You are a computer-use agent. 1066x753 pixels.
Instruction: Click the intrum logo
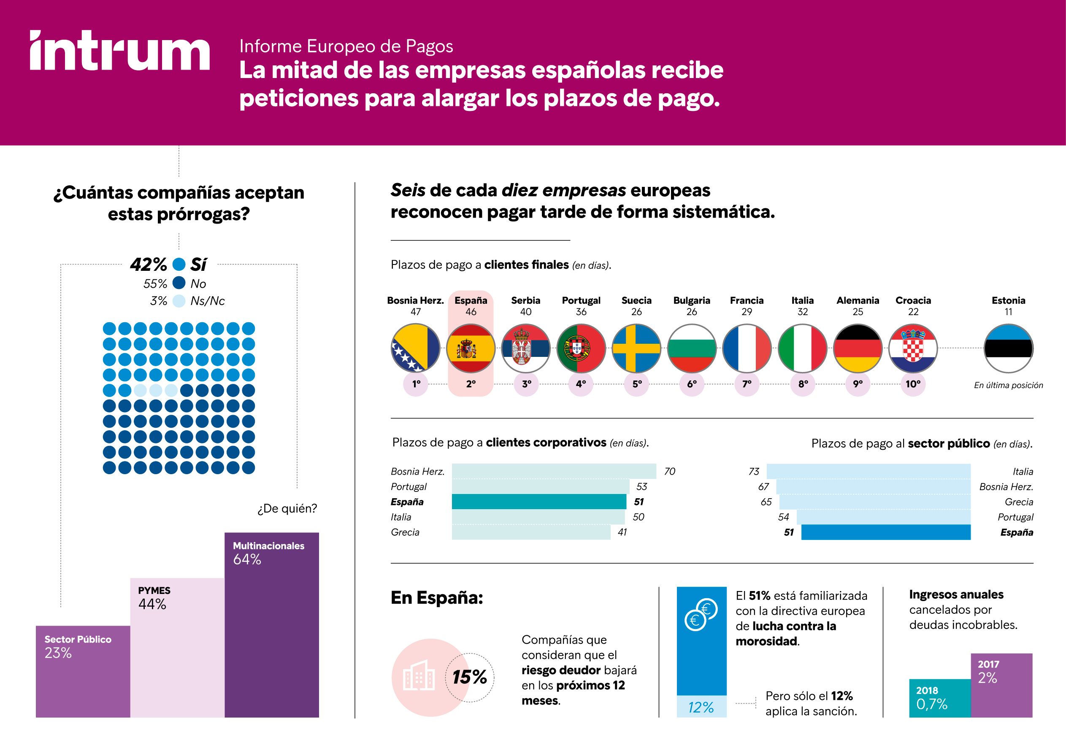[x=120, y=51]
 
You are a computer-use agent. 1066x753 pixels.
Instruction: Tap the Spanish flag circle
[x=470, y=348]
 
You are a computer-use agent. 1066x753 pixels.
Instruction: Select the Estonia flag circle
[x=1008, y=348]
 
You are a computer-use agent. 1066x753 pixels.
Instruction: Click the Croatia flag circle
[x=913, y=348]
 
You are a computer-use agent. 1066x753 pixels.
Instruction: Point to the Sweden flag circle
[x=636, y=348]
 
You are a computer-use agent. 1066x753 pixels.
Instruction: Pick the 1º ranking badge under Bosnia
[x=416, y=384]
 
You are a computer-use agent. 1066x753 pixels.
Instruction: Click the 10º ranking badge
[x=913, y=384]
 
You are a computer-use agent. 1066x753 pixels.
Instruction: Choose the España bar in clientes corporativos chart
[x=538, y=502]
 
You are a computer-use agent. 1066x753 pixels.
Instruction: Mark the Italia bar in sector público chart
[x=868, y=471]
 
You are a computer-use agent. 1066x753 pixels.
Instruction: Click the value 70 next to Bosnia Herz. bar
[x=669, y=471]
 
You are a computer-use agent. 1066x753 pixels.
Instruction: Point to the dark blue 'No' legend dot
[x=179, y=283]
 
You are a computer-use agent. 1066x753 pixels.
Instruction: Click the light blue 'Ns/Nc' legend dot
[x=179, y=301]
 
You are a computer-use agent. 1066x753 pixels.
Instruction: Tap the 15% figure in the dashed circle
[x=469, y=677]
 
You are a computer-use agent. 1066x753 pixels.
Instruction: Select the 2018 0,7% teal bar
[x=939, y=698]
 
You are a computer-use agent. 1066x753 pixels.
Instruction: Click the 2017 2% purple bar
[x=1001, y=685]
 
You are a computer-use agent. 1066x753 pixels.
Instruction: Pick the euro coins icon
[x=701, y=615]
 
